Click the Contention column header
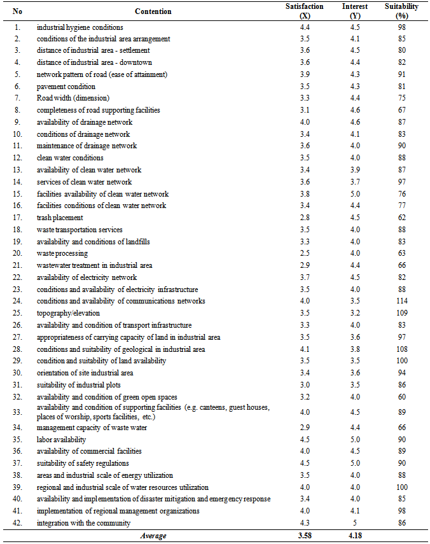pos(153,11)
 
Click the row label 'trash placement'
pos(60,218)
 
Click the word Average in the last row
pos(153,536)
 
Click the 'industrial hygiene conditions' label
pos(80,27)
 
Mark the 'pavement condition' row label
pos(66,87)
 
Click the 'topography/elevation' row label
pos(68,313)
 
